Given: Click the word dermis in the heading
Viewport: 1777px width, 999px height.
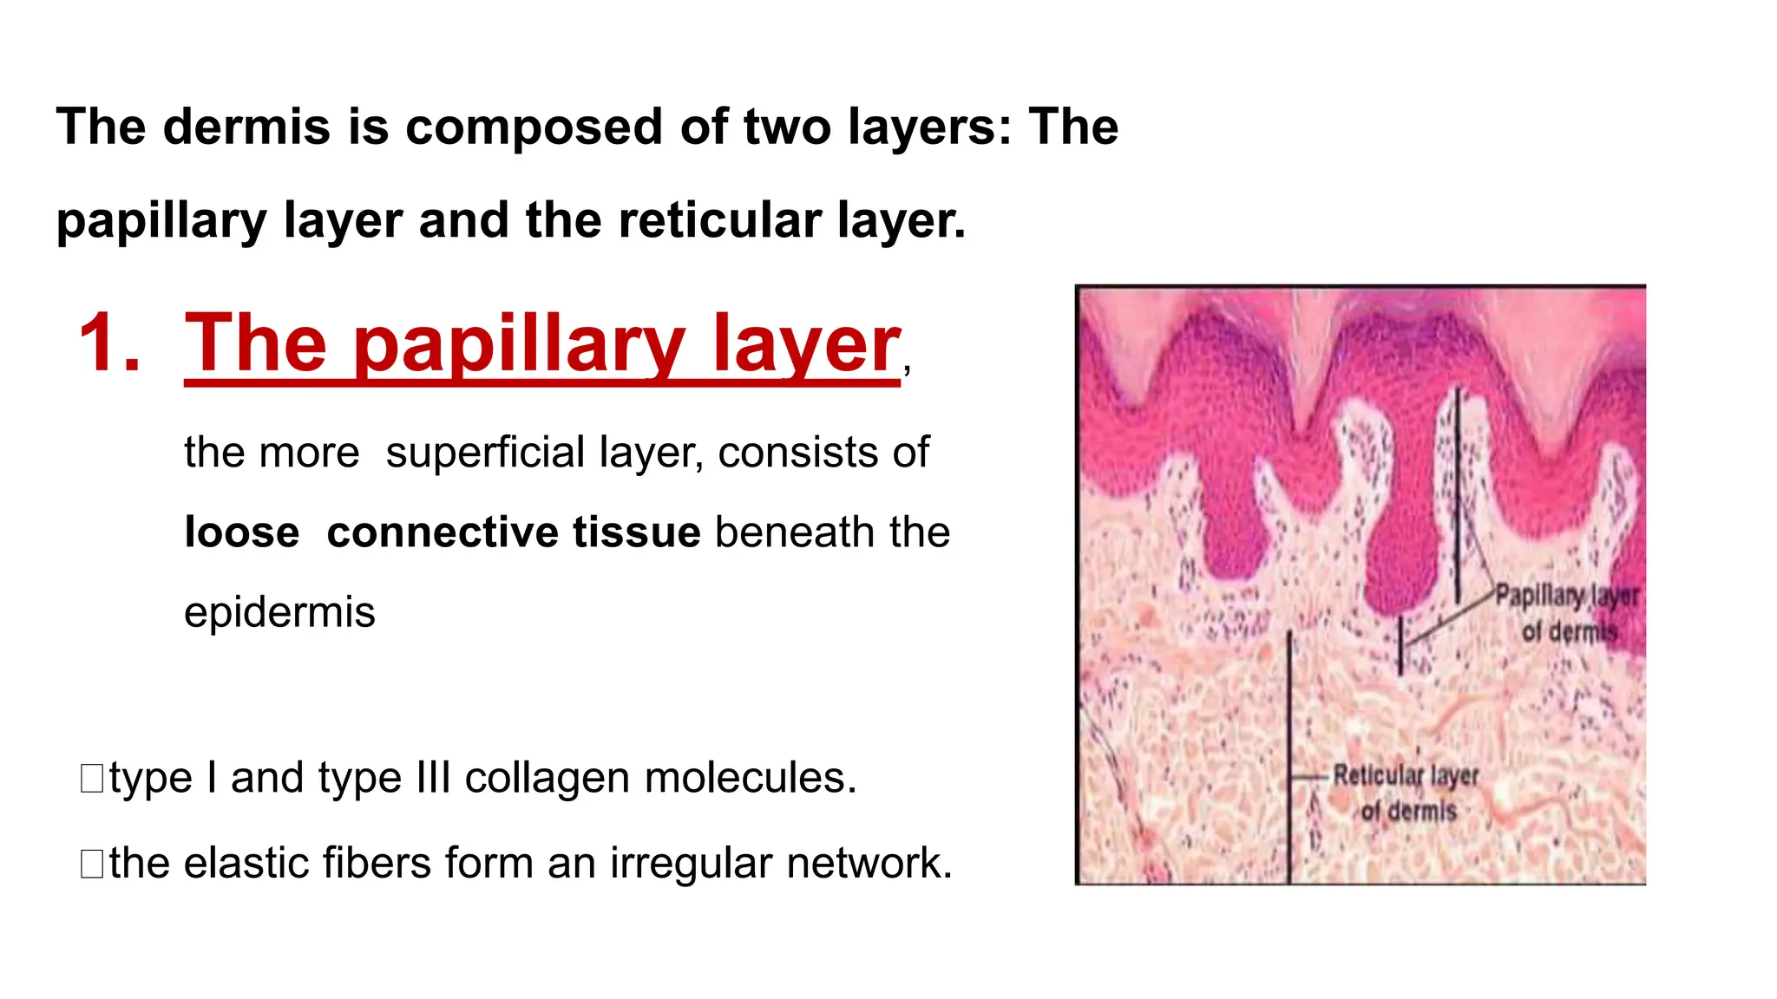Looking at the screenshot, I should point(246,127).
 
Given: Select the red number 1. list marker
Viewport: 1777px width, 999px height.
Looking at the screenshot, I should point(108,343).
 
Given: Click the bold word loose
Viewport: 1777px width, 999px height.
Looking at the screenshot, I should point(241,532).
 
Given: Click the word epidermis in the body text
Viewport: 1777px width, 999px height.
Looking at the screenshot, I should point(279,612).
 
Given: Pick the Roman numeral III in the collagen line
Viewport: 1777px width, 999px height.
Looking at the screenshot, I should point(433,778).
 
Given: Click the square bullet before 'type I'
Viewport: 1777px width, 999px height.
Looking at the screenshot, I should point(92,779).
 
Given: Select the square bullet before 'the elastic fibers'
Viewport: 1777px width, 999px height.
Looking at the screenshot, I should point(92,864).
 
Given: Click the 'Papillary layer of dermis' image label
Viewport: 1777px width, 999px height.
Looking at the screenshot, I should point(1567,612).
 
